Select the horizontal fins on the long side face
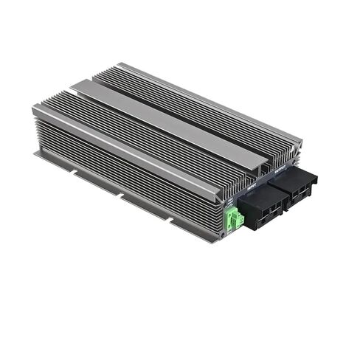click(x=118, y=170)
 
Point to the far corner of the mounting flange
click(x=35, y=155)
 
